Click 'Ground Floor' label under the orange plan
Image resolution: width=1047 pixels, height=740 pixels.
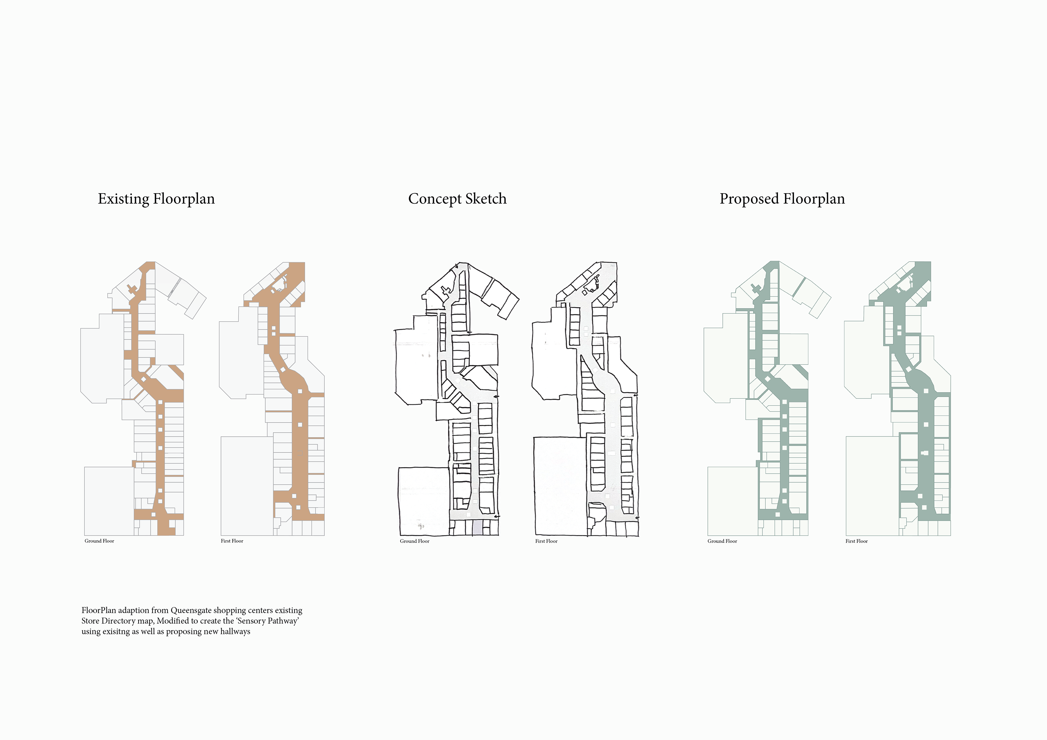click(x=100, y=541)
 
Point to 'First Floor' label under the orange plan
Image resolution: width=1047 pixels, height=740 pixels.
click(x=232, y=541)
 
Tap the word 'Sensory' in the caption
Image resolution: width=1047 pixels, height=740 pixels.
click(x=251, y=621)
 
